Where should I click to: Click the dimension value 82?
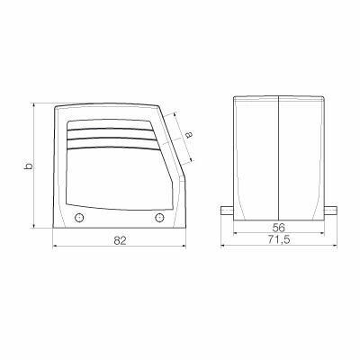[120, 240]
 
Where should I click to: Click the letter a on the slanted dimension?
[188, 134]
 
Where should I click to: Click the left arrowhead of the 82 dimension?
[56, 247]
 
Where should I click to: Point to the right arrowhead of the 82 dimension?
[184, 247]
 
